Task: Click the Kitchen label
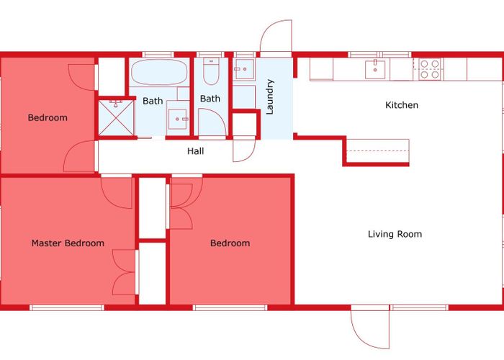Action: pos(402,105)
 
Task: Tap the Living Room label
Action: pos(395,234)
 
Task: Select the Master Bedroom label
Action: pos(68,243)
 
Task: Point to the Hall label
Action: pos(195,151)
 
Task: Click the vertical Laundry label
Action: pos(270,96)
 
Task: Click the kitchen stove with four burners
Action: pos(430,69)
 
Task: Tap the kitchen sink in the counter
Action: pos(375,69)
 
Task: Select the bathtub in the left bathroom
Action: pos(159,72)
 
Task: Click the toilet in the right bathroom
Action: pos(211,71)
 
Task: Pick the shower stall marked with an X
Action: pos(116,118)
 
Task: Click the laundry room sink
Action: pos(244,69)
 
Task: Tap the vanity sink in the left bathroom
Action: pos(177,119)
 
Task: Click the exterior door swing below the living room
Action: pos(370,328)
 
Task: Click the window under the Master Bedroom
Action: pos(67,307)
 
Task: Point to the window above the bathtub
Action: pos(158,55)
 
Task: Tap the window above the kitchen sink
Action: pos(380,55)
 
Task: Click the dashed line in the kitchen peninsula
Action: pos(378,151)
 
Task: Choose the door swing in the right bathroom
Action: pos(212,122)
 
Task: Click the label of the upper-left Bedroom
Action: pos(48,117)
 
